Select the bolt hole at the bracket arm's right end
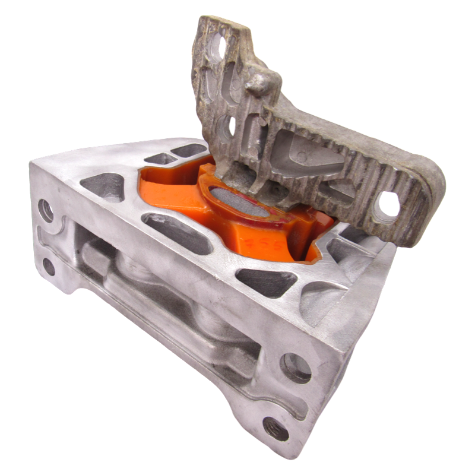point(387,203)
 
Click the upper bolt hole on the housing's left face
point(46,210)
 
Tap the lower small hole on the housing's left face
point(49,268)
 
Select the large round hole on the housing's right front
point(294,368)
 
